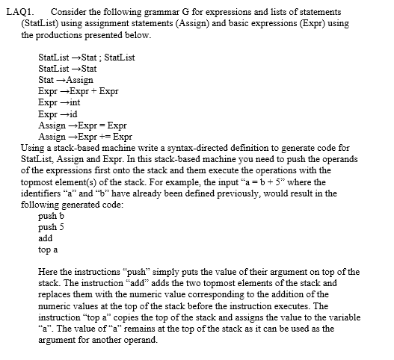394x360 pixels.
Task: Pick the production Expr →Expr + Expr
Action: [x=78, y=90]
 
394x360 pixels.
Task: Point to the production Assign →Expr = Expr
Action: [x=81, y=125]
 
